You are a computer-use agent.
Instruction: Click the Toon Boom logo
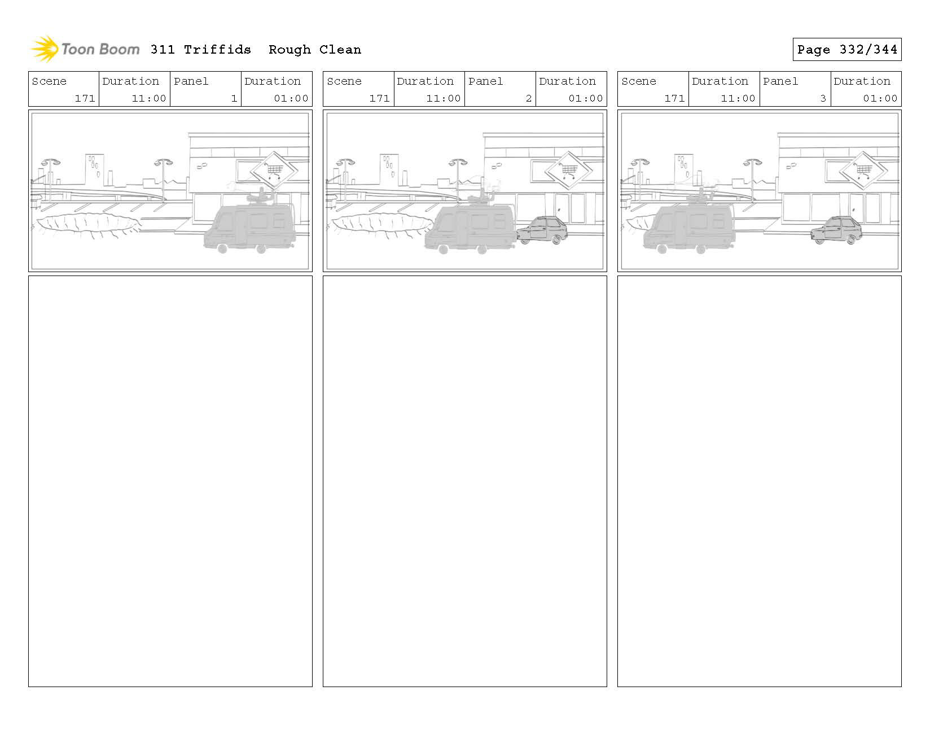pos(85,49)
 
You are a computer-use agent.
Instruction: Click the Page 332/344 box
pos(846,50)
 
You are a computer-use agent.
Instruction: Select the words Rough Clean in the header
pos(314,50)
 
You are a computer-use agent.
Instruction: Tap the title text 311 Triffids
pos(200,50)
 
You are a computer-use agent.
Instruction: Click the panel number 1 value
pos(234,98)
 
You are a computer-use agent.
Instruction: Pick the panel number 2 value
pos(528,98)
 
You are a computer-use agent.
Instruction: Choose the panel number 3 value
pos(823,98)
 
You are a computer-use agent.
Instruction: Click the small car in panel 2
pos(542,230)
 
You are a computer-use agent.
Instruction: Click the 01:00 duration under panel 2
pos(585,98)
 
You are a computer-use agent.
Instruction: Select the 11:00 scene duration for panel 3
pos(738,98)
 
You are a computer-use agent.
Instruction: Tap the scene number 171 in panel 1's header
pos(85,98)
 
